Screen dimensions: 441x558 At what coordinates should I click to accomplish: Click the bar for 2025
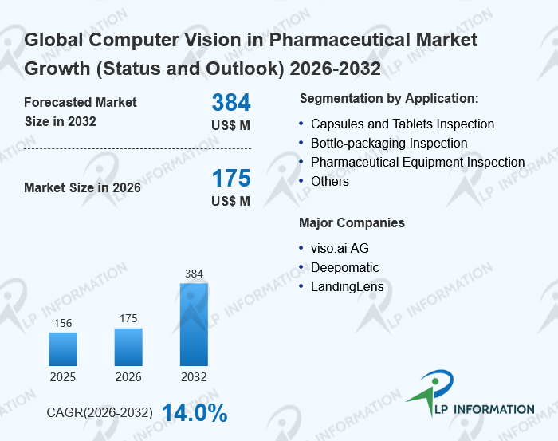pyautogui.click(x=63, y=348)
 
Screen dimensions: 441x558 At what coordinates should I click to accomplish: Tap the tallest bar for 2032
pyautogui.click(x=194, y=324)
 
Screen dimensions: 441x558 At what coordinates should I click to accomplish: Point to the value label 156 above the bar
pyautogui.click(x=63, y=323)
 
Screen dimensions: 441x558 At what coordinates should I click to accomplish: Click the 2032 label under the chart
pyautogui.click(x=194, y=376)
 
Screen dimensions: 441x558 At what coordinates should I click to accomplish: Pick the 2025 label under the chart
pyautogui.click(x=63, y=376)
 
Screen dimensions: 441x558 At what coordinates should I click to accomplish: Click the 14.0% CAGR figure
pyautogui.click(x=195, y=413)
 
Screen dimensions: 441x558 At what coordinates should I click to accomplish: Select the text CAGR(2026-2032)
pyautogui.click(x=100, y=414)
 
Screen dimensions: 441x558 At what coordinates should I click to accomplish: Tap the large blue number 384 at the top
pyautogui.click(x=231, y=102)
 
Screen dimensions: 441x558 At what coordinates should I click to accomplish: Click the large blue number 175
pyautogui.click(x=231, y=178)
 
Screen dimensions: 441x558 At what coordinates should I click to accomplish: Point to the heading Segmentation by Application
pyautogui.click(x=389, y=99)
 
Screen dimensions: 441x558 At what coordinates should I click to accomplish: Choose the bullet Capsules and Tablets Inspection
pyautogui.click(x=403, y=124)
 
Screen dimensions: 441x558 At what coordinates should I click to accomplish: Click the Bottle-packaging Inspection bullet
pyautogui.click(x=389, y=143)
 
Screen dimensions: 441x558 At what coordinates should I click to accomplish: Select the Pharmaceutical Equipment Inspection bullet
pyautogui.click(x=418, y=162)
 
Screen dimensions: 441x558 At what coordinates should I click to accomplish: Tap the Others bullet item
pyautogui.click(x=330, y=181)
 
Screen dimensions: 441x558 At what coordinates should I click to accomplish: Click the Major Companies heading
pyautogui.click(x=352, y=222)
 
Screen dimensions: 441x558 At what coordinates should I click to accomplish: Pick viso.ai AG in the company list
pyautogui.click(x=340, y=248)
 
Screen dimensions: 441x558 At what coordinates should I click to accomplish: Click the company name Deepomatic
pyautogui.click(x=345, y=267)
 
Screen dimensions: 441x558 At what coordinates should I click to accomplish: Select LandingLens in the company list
pyautogui.click(x=348, y=286)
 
